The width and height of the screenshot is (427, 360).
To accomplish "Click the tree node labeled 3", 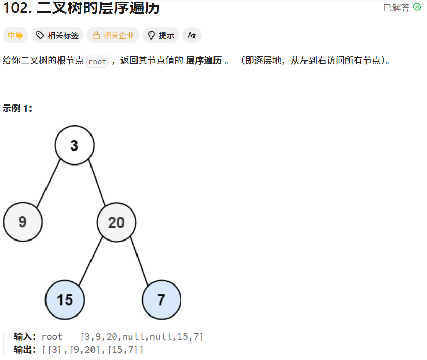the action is coord(74,145).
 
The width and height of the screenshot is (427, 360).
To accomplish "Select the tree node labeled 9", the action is coord(23,222).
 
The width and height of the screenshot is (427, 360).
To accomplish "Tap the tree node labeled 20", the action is coord(116,222).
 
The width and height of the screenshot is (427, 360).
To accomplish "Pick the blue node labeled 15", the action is coord(65,299).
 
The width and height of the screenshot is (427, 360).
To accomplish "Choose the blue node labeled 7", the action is coord(161,299).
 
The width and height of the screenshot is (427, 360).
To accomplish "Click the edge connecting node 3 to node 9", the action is coord(49,184).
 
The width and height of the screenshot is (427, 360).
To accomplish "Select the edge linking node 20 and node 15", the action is coord(90,261).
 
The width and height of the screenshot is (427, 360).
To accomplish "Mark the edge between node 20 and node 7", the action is coord(139,261).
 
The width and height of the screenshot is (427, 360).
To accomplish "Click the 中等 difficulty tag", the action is coord(16,35).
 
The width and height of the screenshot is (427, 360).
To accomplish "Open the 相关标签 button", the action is coord(57,35).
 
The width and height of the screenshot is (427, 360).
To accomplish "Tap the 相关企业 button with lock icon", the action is coord(113,35).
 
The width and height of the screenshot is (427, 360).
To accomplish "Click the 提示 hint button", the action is coord(161,35).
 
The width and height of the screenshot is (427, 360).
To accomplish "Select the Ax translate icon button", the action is coord(192,35).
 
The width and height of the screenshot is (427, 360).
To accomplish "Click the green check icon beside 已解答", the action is coord(417,7).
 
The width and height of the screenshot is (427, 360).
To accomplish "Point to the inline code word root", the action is coord(97,61).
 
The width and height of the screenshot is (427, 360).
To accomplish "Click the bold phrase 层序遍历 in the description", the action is coord(204,61).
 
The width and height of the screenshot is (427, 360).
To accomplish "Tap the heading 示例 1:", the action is coord(17,108).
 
